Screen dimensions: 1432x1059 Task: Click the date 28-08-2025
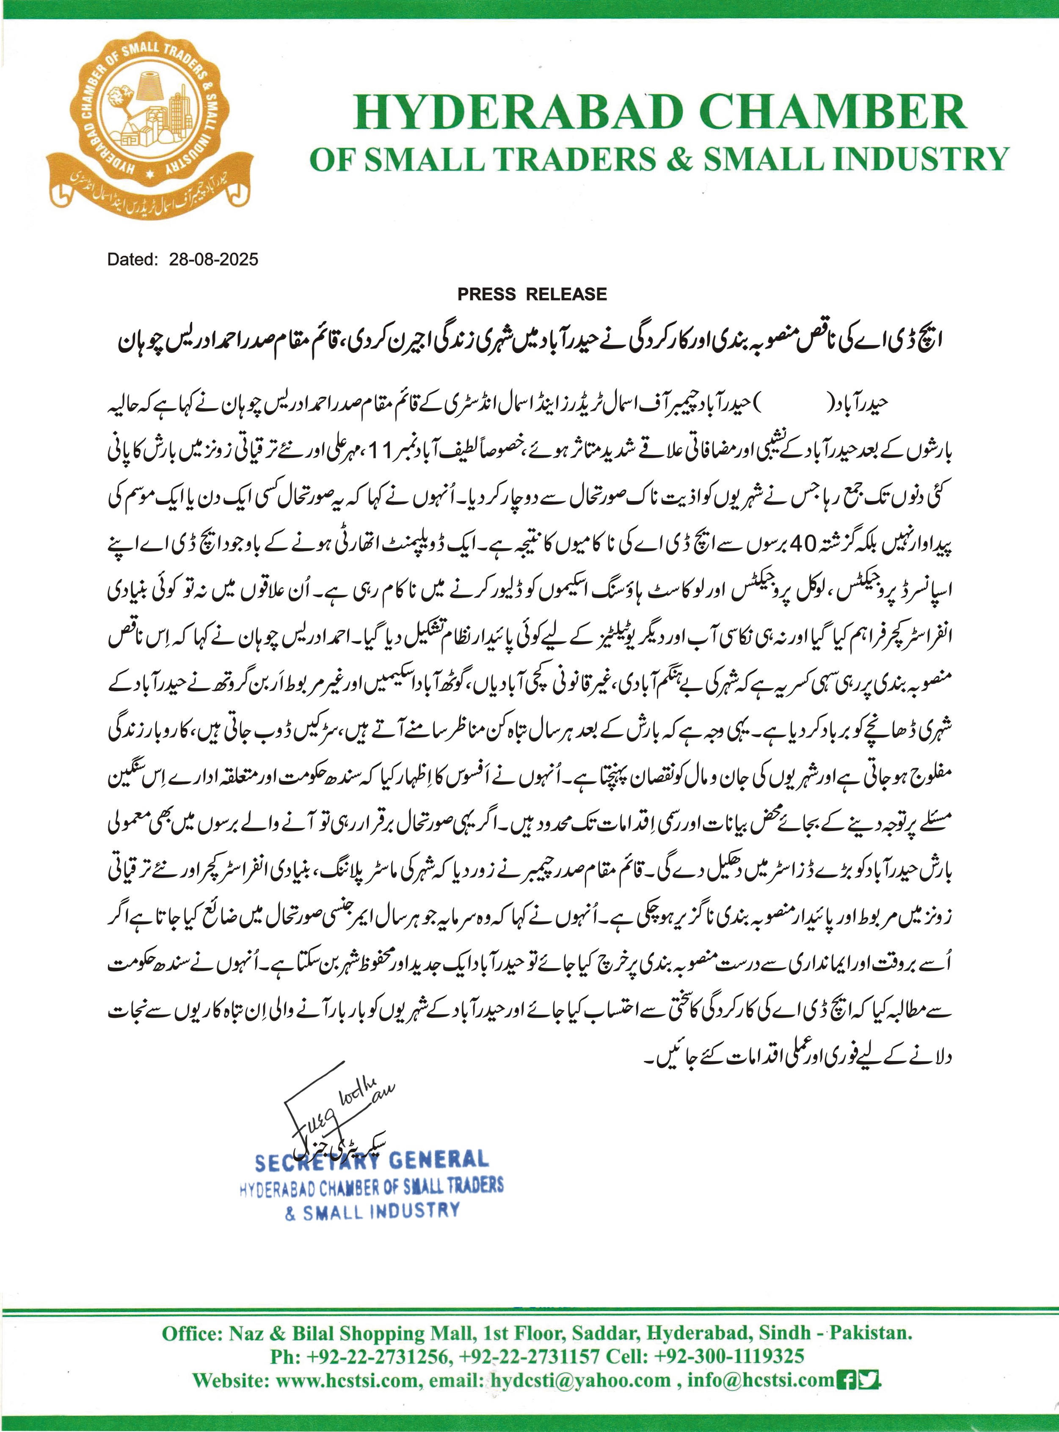(x=213, y=259)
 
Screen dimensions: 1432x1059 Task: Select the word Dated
(x=132, y=259)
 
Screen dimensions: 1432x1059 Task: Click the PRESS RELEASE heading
(x=532, y=294)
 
